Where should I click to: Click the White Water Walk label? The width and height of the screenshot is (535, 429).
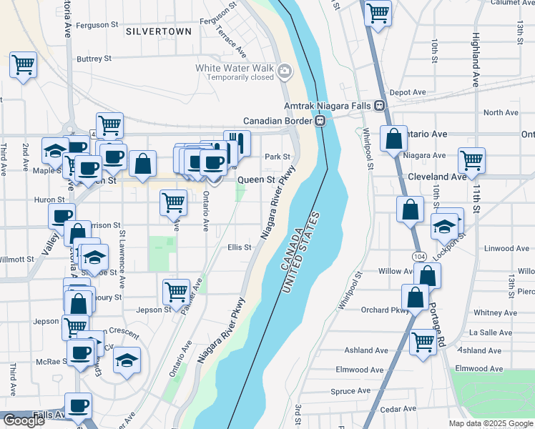click(235, 68)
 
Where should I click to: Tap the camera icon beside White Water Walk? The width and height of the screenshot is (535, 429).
click(285, 71)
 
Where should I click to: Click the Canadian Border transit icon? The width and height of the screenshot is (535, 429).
click(321, 121)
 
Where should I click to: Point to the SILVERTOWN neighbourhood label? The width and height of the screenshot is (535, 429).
click(159, 31)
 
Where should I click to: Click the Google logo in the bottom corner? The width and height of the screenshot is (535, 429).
click(24, 420)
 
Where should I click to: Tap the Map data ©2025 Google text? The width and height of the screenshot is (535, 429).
click(490, 423)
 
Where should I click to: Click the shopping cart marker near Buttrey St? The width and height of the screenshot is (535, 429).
click(23, 65)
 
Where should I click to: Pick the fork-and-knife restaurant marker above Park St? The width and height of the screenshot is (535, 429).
click(237, 143)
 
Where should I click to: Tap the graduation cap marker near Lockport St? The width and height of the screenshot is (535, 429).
click(444, 227)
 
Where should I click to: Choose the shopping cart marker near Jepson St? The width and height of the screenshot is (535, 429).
click(176, 291)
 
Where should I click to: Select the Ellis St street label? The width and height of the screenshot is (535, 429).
click(239, 248)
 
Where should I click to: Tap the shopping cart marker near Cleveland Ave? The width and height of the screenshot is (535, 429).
click(471, 160)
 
